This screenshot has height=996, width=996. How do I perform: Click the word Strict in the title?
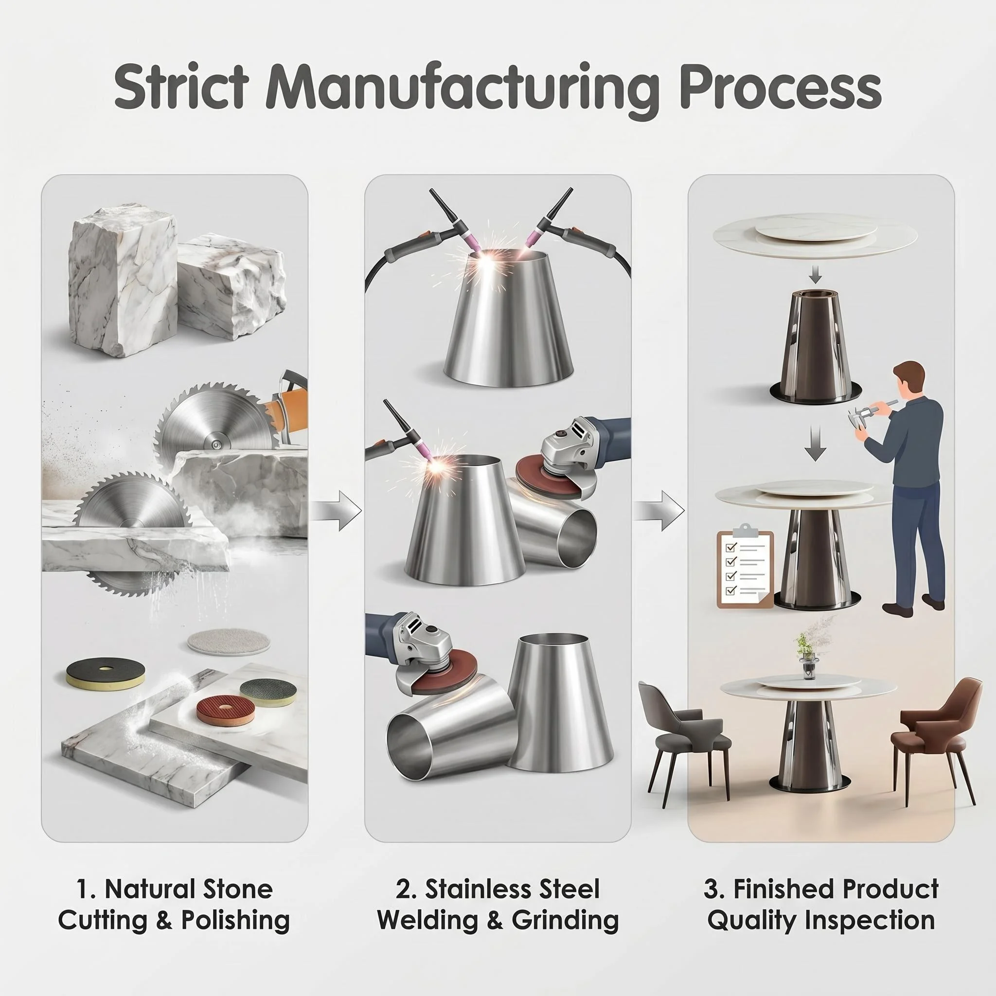tap(181, 86)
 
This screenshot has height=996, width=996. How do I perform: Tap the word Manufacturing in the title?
tap(462, 89)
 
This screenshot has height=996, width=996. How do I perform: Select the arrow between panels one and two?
tap(337, 510)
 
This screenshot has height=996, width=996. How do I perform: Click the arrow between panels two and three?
tap(659, 510)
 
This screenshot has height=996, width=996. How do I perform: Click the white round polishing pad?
tap(229, 642)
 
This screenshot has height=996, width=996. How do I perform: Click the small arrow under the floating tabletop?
tap(815, 277)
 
